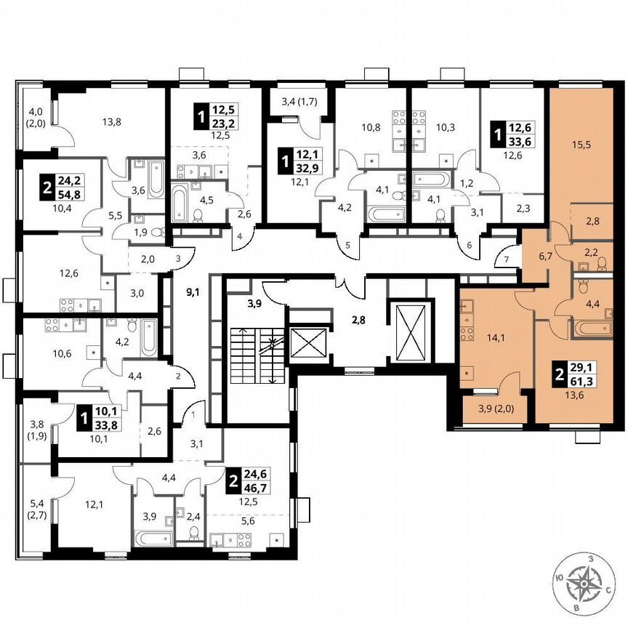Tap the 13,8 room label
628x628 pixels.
(x=111, y=121)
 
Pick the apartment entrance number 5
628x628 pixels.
(x=347, y=246)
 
